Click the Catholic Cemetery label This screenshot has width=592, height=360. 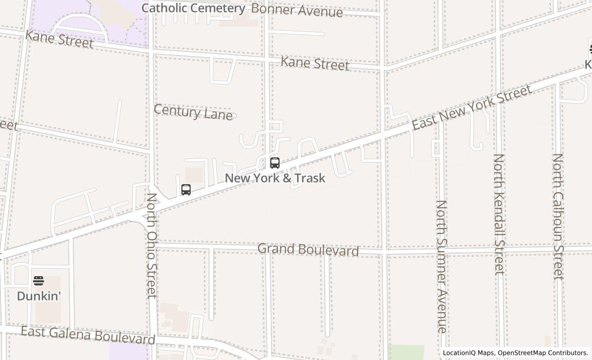coord(193,8)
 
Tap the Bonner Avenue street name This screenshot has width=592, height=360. coord(297,10)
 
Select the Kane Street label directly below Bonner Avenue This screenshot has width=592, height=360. coord(315,63)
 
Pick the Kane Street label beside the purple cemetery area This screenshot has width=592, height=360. coord(60,39)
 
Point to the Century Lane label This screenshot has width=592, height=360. coord(193,112)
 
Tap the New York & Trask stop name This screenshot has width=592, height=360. coord(275,178)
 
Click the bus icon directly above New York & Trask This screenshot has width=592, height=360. coord(275,163)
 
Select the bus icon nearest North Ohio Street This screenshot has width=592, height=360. coord(186,189)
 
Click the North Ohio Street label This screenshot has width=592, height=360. coord(152,245)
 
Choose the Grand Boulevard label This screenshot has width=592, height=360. coord(308,249)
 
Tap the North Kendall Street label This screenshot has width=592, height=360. coord(499,214)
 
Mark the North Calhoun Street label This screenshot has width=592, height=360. coord(558,217)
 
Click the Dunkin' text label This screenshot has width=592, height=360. coord(39,296)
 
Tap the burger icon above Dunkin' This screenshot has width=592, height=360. coord(39,281)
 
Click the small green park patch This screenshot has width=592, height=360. coord(406,352)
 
